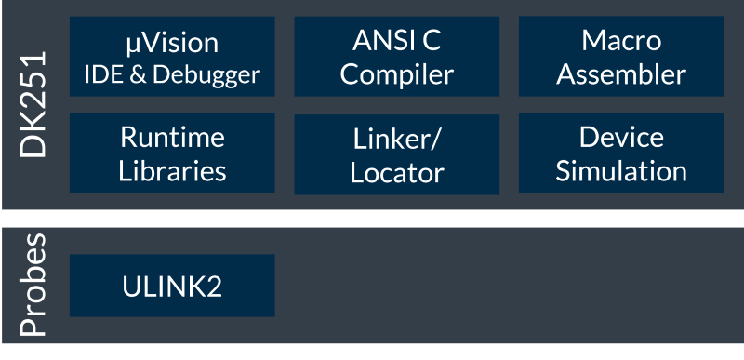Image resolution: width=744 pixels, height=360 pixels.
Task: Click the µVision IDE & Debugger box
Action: coord(172,57)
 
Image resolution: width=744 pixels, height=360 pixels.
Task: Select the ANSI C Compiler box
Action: coord(396,57)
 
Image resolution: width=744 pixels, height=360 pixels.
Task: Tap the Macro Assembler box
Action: coord(620,57)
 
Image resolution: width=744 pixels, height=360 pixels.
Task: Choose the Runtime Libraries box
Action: coord(172,154)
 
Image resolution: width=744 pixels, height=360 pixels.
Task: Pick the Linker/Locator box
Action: coord(396,154)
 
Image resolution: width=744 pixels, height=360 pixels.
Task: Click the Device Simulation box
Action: coord(620,154)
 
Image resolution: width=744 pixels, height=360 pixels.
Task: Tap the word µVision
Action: coord(172,42)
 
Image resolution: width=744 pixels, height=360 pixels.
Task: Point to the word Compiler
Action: coord(396,73)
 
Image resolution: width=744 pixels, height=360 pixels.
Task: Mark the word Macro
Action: coord(620,41)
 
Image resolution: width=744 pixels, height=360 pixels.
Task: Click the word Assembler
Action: coord(620,73)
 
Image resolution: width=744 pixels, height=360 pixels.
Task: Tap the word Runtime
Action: coord(172,138)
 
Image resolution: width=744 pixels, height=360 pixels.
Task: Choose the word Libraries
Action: coord(172,171)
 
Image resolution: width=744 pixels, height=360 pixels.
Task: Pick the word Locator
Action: coord(396,173)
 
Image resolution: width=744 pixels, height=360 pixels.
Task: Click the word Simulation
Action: coord(620,171)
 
